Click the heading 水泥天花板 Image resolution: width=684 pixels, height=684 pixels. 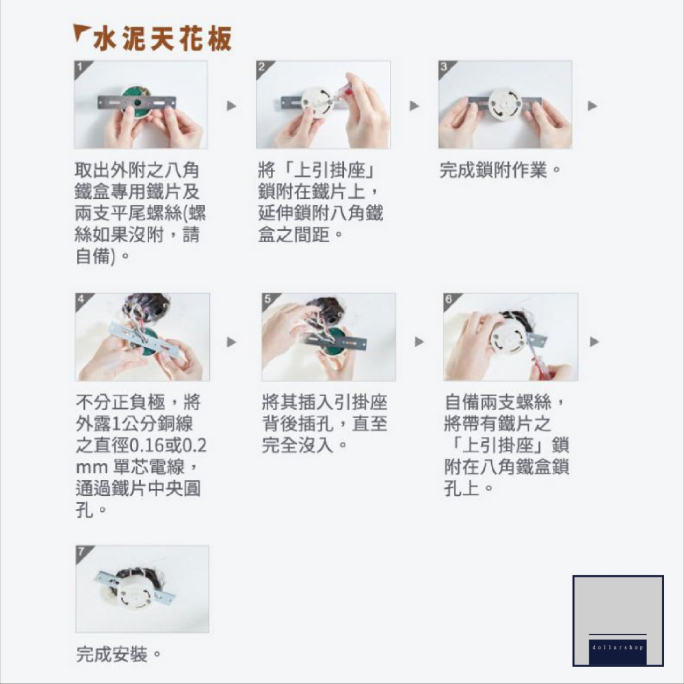(162, 38)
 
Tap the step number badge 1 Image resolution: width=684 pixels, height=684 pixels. (81, 67)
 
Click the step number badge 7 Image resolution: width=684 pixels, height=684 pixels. (81, 551)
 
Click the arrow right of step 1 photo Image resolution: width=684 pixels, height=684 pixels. (232, 106)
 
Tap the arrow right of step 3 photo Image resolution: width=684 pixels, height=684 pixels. (592, 106)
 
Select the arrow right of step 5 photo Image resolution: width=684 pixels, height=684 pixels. (419, 341)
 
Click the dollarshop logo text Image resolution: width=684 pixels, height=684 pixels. (618, 646)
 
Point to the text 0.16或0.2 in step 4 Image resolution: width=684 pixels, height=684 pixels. (168, 446)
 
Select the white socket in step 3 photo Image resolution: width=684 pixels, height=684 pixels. (505, 103)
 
